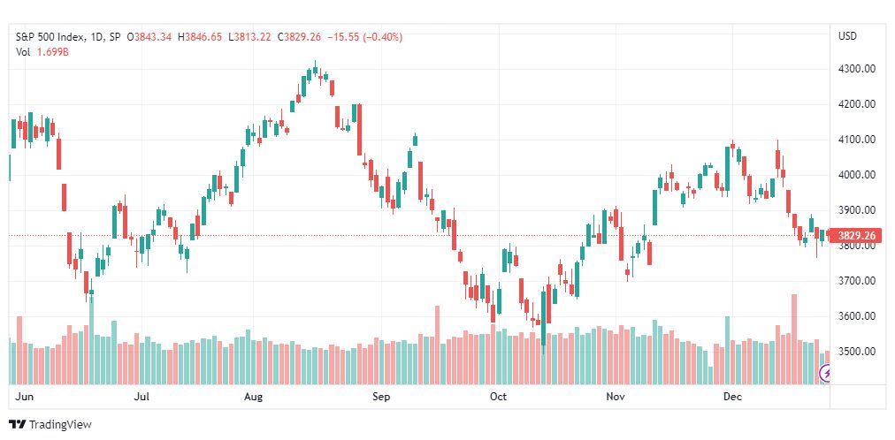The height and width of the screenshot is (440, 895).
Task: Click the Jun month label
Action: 22,397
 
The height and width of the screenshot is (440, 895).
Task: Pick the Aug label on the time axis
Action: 253,397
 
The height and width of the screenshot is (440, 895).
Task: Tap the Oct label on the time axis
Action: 498,397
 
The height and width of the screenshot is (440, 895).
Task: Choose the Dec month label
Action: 732,397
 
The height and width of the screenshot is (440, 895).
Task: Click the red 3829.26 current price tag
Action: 855,235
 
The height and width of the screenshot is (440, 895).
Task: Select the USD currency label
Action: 847,36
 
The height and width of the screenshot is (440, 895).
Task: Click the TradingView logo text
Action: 60,425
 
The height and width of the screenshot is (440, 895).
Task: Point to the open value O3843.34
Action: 149,37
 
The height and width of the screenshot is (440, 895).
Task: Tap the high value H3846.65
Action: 200,37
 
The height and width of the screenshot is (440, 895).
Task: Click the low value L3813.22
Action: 249,37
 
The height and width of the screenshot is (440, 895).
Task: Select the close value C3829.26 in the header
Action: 299,37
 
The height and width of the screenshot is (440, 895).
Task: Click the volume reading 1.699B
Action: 53,52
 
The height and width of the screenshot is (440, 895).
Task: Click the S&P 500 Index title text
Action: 50,37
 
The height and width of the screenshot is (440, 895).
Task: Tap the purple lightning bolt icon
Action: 826,374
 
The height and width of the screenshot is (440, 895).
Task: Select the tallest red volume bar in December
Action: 793,339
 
